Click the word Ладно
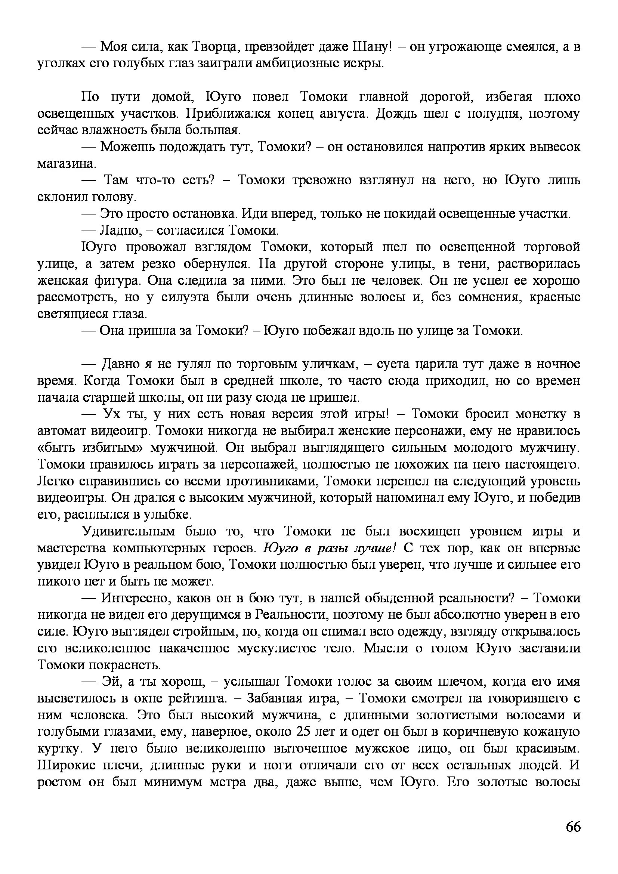coord(120,231)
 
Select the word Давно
coord(118,364)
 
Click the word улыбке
coord(167,515)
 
